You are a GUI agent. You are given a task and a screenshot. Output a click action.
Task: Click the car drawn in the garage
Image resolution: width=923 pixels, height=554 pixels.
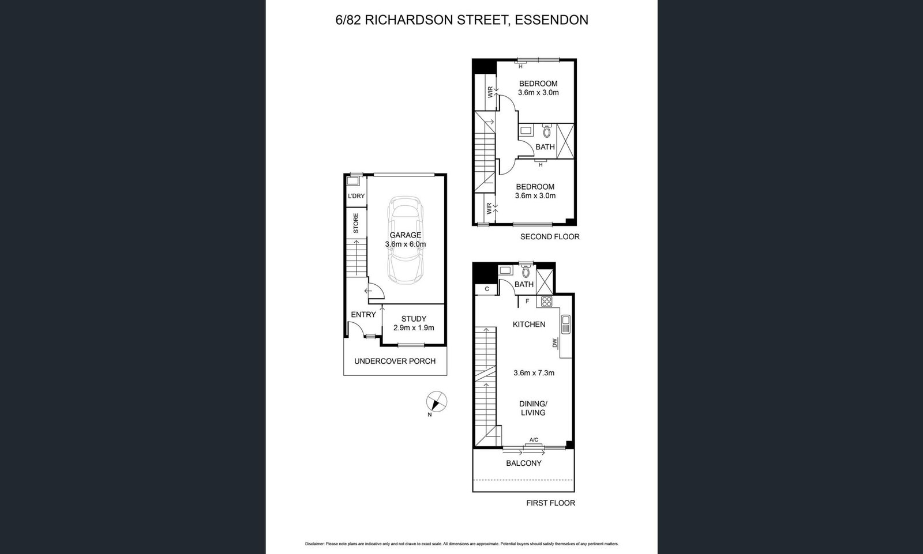pyautogui.click(x=406, y=240)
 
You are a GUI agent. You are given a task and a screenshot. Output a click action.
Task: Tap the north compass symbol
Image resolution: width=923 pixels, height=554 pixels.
pyautogui.click(x=436, y=402)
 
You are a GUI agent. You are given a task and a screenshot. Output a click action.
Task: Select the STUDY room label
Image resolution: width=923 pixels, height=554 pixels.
pyautogui.click(x=414, y=319)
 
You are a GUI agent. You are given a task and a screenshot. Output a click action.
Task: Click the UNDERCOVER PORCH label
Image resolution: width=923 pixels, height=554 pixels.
pyautogui.click(x=395, y=361)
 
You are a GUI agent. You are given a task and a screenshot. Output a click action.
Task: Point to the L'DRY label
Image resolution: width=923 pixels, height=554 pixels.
pyautogui.click(x=356, y=196)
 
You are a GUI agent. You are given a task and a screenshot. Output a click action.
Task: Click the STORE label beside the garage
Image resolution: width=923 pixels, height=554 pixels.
pyautogui.click(x=356, y=223)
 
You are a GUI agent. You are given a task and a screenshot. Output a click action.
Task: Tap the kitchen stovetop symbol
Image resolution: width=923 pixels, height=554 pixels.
pyautogui.click(x=547, y=302)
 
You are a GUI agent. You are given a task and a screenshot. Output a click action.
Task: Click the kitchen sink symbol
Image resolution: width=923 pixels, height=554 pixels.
pyautogui.click(x=566, y=324)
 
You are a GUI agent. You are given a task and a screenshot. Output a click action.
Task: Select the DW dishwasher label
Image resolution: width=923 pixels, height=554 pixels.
pyautogui.click(x=554, y=342)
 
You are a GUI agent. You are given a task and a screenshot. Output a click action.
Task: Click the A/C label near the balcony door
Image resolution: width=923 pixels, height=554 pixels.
pyautogui.click(x=534, y=440)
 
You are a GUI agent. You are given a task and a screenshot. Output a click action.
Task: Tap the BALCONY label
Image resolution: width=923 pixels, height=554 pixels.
pyautogui.click(x=524, y=463)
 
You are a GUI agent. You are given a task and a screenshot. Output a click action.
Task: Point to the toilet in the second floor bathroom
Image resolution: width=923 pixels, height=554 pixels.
pyautogui.click(x=547, y=131)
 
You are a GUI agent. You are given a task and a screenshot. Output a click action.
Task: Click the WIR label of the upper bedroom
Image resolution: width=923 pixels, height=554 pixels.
pyautogui.click(x=490, y=92)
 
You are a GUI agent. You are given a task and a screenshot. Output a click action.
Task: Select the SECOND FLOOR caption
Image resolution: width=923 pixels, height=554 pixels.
pyautogui.click(x=550, y=237)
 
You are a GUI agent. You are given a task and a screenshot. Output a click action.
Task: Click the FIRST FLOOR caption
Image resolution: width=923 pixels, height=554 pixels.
pyautogui.click(x=550, y=503)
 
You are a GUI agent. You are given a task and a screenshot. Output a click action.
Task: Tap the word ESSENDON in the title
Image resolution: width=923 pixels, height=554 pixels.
pyautogui.click(x=551, y=20)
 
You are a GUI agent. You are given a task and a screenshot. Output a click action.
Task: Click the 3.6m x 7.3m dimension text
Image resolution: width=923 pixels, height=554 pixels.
pyautogui.click(x=534, y=373)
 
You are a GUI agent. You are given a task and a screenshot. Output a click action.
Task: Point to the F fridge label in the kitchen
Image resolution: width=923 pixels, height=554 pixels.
pyautogui.click(x=527, y=302)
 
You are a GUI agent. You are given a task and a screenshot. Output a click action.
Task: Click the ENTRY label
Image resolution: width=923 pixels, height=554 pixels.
pyautogui.click(x=363, y=315)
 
